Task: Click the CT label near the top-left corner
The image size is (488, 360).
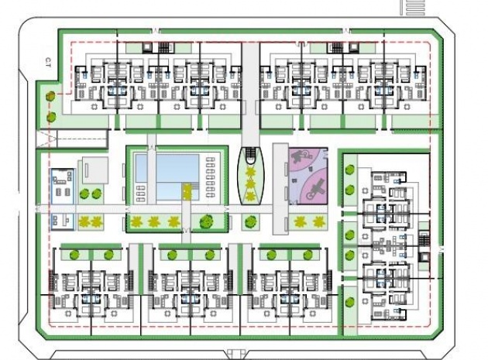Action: [48, 61]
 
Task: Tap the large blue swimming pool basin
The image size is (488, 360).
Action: [167, 167]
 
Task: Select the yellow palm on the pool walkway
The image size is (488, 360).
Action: [187, 190]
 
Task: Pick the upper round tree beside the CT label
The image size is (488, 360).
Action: [51, 97]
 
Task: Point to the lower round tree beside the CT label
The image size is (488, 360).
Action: [51, 118]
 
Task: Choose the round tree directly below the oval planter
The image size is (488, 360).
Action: [249, 223]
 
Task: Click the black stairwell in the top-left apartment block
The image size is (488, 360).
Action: [164, 47]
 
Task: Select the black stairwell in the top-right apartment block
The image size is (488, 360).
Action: [336, 47]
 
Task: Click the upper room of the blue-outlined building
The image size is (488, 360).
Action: [62, 186]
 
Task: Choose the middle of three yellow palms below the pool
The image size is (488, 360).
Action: [155, 222]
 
